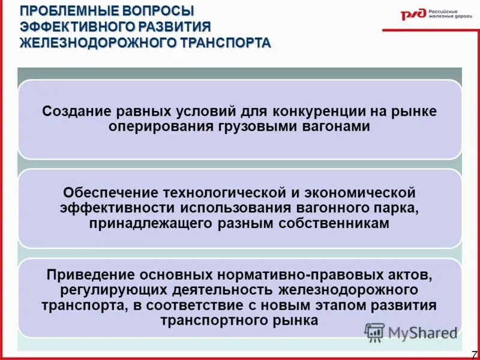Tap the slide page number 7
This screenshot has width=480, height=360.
(x=474, y=354)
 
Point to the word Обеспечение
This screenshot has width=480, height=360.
(x=106, y=194)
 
